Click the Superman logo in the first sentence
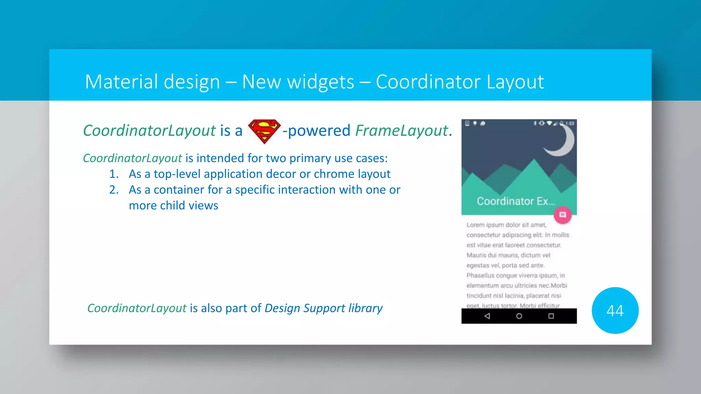264,131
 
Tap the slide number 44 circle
615,311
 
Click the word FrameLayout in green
402,131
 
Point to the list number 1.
114,174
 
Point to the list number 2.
114,190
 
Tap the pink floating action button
562,215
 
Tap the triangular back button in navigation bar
487,316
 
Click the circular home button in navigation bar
519,316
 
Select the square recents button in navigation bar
551,316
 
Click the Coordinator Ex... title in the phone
516,201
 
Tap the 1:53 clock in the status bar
570,123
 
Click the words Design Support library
323,308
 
